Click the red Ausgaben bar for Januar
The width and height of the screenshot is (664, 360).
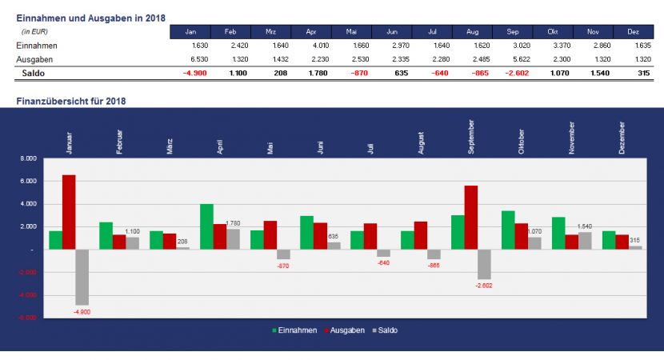click(x=69, y=211)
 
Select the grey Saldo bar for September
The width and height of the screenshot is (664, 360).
click(x=484, y=264)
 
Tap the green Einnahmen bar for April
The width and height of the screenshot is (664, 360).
click(x=206, y=226)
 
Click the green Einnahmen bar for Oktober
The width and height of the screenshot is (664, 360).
click(x=507, y=230)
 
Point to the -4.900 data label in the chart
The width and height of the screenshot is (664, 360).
click(x=82, y=311)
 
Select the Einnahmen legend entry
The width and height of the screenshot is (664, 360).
click(x=295, y=330)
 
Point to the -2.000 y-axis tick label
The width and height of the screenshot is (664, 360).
click(x=27, y=272)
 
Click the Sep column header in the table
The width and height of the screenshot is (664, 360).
click(x=513, y=32)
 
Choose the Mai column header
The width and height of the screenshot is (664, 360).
click(x=351, y=32)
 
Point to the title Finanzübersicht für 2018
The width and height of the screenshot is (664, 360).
click(x=71, y=102)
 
